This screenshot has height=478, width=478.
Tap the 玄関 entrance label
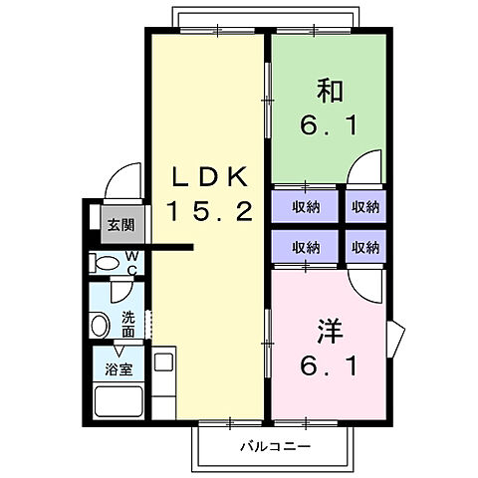click(119, 223)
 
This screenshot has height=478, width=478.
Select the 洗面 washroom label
click(128, 324)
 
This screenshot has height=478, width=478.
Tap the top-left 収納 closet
click(305, 207)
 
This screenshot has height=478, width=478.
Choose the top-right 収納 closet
click(364, 207)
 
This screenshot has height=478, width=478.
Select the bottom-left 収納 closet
click(305, 246)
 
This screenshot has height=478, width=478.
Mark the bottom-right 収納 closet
click(364, 246)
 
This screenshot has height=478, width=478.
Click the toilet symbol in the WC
click(104, 263)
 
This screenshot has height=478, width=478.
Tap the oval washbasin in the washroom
click(101, 325)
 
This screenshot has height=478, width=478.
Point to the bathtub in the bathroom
click(119, 403)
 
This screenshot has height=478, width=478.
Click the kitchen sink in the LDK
click(162, 363)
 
